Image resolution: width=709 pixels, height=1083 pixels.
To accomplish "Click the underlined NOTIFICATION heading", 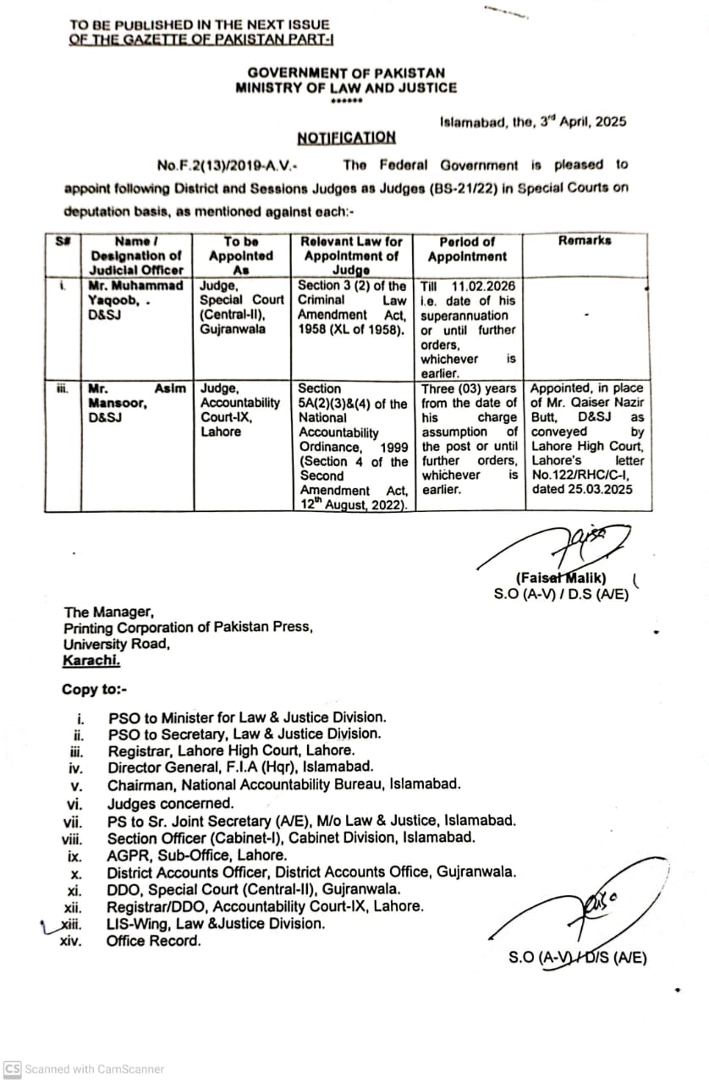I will [346, 137].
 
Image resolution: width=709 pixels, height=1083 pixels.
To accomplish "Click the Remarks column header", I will [585, 241].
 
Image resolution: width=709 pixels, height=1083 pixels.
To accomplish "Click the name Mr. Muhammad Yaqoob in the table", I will [135, 293].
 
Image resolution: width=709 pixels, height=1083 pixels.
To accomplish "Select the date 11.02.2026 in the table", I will [484, 286].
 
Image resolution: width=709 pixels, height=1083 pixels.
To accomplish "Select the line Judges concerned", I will [170, 804].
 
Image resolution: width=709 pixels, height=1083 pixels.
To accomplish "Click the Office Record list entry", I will [153, 941].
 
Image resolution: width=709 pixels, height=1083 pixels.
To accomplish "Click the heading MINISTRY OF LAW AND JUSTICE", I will [346, 88].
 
